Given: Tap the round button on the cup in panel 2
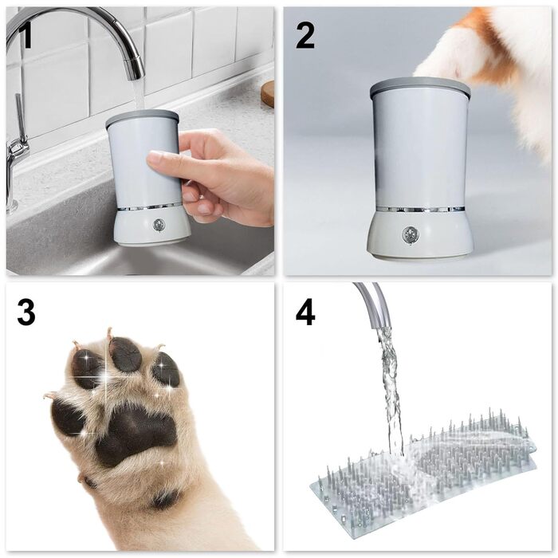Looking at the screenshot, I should [x=410, y=234].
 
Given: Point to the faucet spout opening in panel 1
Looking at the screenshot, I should [x=136, y=76].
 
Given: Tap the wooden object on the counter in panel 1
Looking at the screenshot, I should [x=268, y=93].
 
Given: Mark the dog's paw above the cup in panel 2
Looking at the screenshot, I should [x=454, y=56].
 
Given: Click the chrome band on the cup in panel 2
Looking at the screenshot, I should [x=419, y=210].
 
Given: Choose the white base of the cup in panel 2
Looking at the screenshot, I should [x=419, y=239].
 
